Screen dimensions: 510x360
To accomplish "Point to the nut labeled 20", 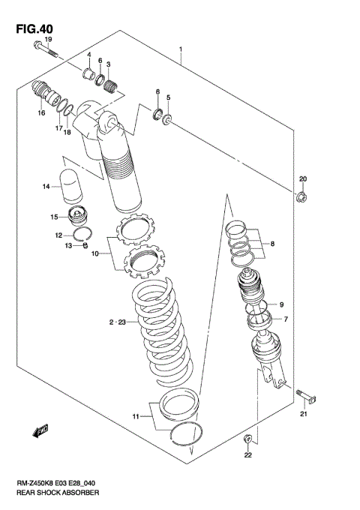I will tap(302, 197).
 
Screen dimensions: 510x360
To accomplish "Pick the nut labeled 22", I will tap(247, 438).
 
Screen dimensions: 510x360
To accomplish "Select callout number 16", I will tap(42, 112).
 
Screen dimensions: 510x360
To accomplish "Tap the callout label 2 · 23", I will tap(118, 322).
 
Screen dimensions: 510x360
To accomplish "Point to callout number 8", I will tap(274, 244).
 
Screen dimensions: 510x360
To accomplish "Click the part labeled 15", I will tap(79, 217).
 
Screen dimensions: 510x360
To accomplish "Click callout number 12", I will tap(58, 235).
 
